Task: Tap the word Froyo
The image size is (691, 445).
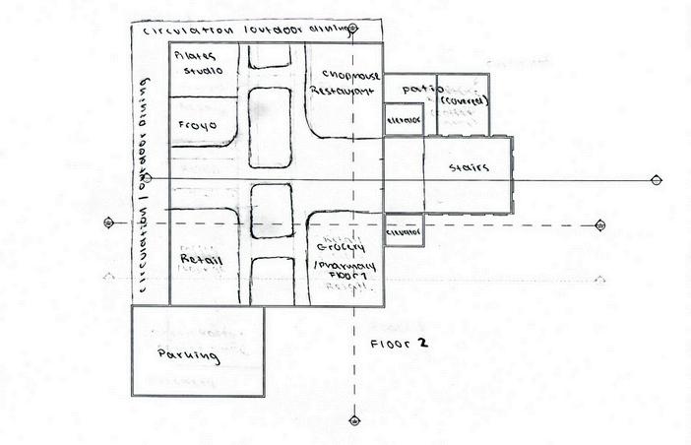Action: (x=199, y=126)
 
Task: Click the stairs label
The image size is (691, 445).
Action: (x=469, y=168)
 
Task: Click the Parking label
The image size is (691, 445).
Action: (x=188, y=353)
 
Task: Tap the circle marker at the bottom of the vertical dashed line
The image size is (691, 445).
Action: (x=354, y=420)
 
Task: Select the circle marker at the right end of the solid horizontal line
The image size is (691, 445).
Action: (x=657, y=180)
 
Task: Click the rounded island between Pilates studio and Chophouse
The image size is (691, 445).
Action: (x=270, y=127)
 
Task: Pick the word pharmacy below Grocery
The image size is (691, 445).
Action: (x=337, y=267)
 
